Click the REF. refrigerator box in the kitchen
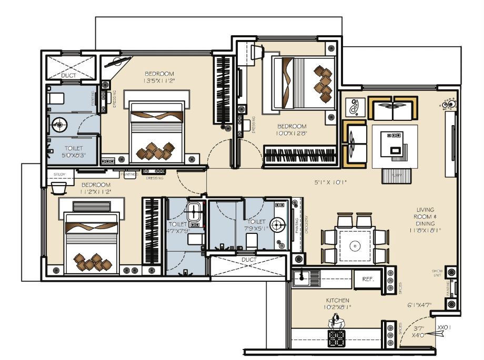367,279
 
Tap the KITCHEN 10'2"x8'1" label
337,304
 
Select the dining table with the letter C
355,245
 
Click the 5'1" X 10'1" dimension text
331,183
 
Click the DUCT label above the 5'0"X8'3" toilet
68,76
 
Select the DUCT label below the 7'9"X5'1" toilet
249,260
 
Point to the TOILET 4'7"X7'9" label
178,227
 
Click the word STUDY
59,174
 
